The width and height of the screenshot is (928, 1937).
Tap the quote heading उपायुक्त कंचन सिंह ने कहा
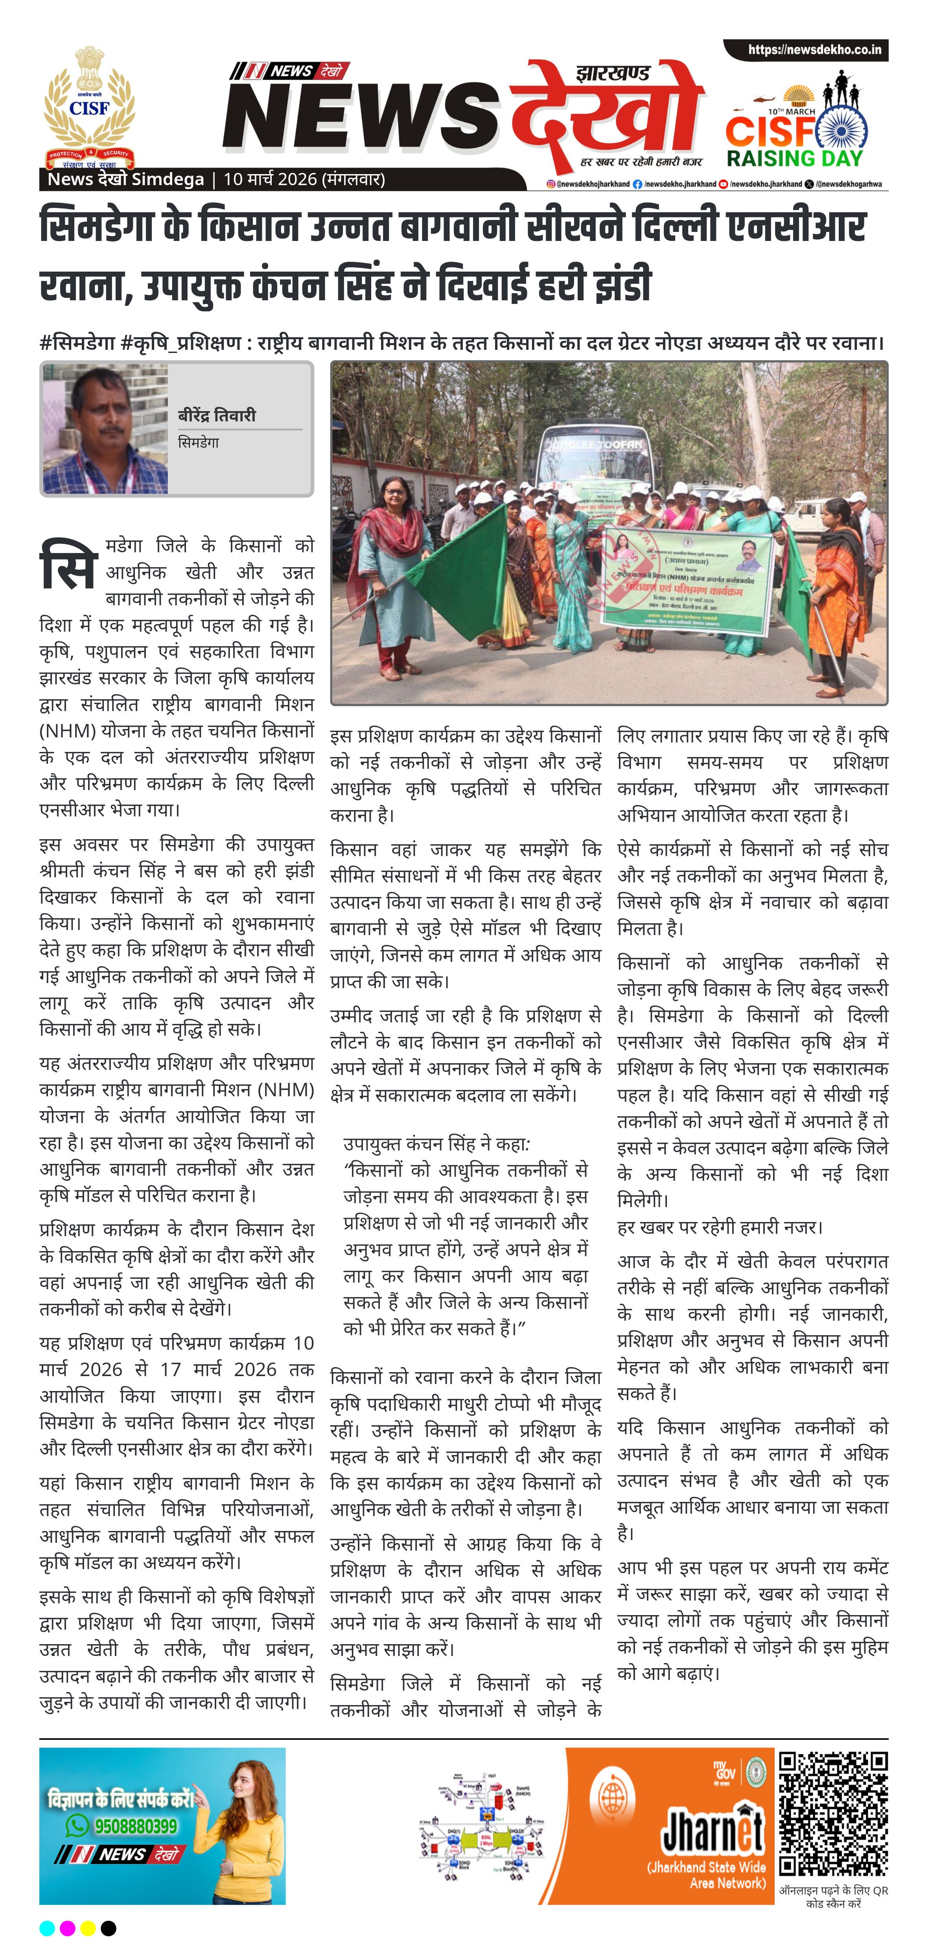click(x=436, y=1145)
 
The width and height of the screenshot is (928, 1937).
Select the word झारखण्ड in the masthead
click(x=613, y=73)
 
